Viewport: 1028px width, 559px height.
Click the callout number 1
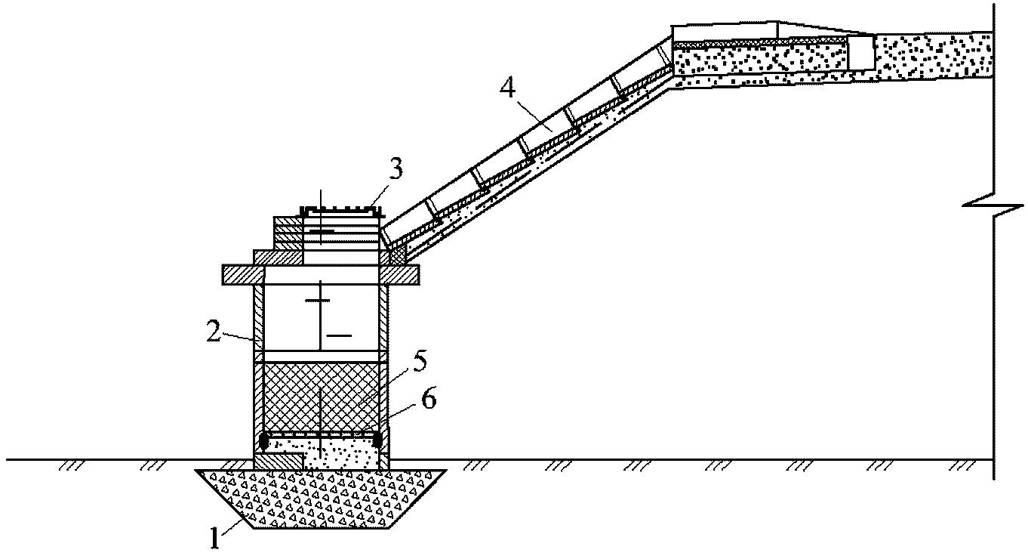tap(214, 538)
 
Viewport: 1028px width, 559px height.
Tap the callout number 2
tap(214, 332)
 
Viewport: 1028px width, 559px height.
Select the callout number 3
tap(396, 168)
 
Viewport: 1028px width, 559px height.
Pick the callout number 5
tap(419, 363)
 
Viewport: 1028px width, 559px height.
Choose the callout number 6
tap(428, 398)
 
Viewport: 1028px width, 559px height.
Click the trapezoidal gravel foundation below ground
tap(321, 499)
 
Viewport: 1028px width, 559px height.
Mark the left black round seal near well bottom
tap(264, 441)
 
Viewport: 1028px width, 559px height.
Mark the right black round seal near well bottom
tap(377, 440)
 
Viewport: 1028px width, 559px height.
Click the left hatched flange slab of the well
tap(243, 275)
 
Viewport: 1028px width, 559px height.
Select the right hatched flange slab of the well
tap(399, 275)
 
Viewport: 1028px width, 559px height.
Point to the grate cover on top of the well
tap(340, 210)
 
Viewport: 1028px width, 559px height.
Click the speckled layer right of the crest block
tap(934, 54)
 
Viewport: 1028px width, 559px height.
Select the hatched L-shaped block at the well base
tap(279, 461)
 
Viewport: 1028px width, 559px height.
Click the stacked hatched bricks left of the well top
tap(288, 233)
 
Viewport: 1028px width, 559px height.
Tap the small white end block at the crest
tap(860, 53)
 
